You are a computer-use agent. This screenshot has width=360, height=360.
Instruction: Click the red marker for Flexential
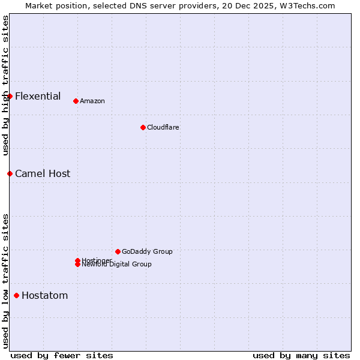pos(10,96)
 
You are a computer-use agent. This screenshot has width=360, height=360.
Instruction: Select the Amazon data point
pos(76,101)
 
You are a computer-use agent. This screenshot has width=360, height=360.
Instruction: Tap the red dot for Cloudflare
pos(143,127)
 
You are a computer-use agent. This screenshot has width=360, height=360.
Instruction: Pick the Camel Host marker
pos(10,173)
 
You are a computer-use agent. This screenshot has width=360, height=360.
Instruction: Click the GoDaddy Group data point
pos(118,251)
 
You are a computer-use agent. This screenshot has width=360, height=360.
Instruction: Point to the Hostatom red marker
pos(16,295)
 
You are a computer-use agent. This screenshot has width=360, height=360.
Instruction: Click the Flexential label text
pos(38,96)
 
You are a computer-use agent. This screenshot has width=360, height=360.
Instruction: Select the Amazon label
pos(92,101)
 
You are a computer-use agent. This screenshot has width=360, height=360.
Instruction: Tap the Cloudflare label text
pos(163,127)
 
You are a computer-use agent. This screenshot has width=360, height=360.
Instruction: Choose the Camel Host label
pos(43,173)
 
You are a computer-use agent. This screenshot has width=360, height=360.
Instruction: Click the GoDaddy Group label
pos(147,251)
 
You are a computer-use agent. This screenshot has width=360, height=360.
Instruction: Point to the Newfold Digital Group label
pos(116,265)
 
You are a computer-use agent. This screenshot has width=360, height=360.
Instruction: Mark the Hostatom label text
pos(44,295)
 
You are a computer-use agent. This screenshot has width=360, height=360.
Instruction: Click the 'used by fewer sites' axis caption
pos(62,355)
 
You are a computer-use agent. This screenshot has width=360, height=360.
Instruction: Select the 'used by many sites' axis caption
pos(301,355)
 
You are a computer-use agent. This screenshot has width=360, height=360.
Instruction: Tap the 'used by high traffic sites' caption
pos(5,85)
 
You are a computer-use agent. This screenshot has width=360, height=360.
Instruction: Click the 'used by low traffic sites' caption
pos(5,281)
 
